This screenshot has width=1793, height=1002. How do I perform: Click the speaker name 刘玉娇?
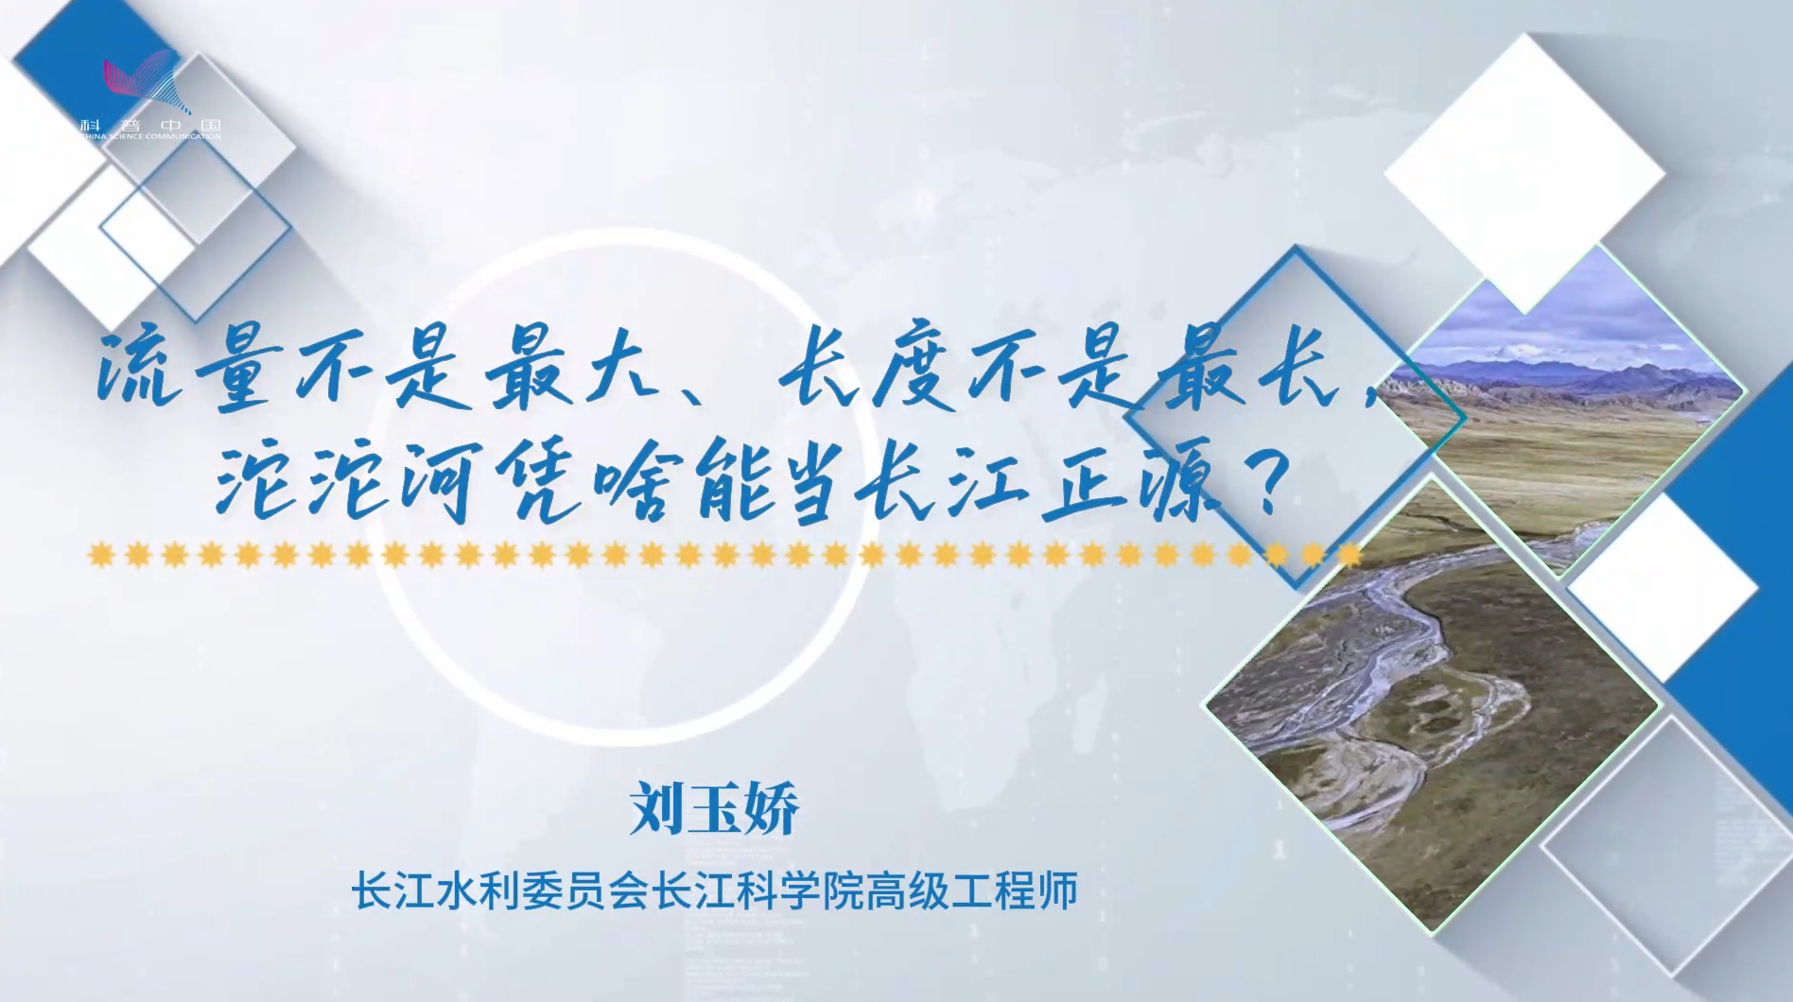pyautogui.click(x=715, y=809)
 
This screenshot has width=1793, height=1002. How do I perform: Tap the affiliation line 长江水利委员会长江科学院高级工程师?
pyautogui.click(x=715, y=890)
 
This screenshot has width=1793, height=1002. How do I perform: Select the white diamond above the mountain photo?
pyautogui.click(x=1523, y=174)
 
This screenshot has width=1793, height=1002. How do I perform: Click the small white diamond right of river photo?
pyautogui.click(x=1662, y=587)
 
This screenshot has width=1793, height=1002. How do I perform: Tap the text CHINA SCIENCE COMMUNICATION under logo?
pyautogui.click(x=151, y=136)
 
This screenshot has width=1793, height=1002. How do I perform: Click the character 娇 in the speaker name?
pyautogui.click(x=772, y=809)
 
